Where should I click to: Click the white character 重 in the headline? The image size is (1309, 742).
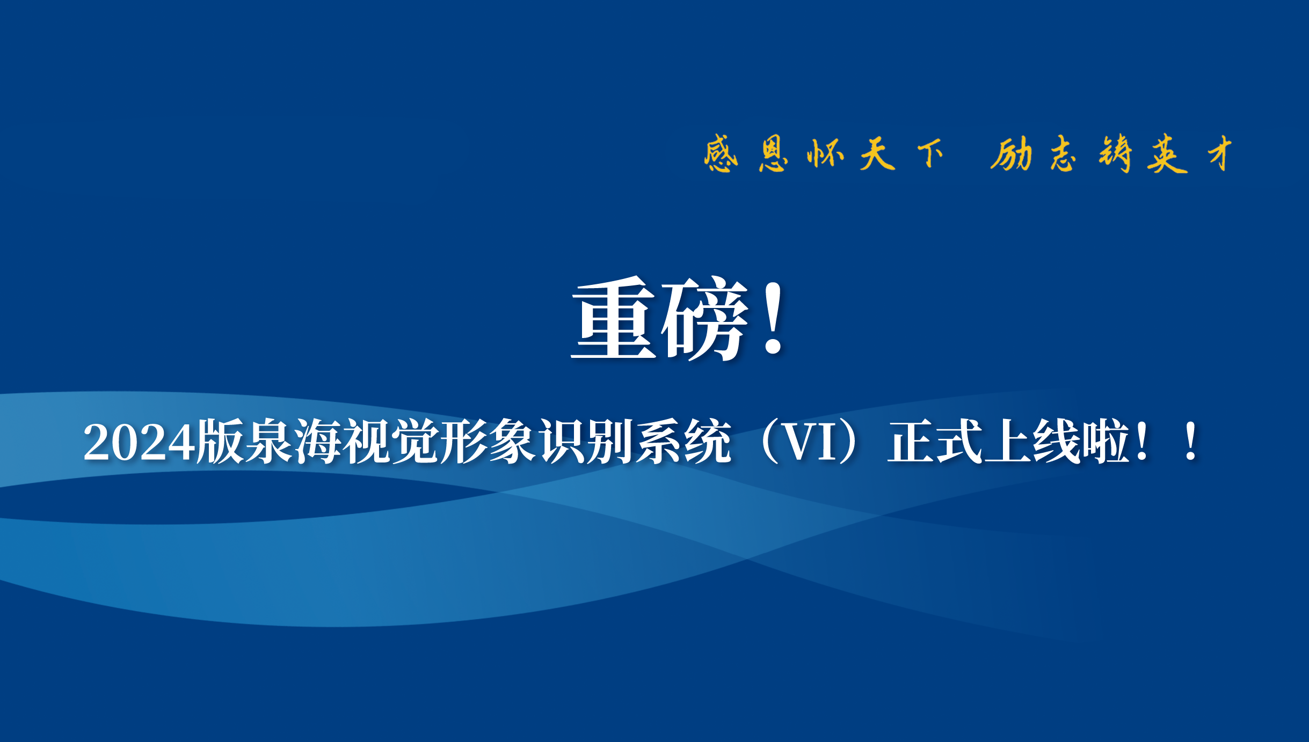point(614,318)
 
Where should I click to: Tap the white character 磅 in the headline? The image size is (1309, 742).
point(704,319)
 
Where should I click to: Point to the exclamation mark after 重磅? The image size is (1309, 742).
point(773,320)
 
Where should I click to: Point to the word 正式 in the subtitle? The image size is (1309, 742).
point(935,441)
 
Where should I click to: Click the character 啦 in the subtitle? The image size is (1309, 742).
point(1105,441)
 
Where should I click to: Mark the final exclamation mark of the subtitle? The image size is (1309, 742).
point(1191,441)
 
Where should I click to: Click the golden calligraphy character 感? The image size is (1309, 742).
point(721,153)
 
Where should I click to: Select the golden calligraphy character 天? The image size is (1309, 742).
point(877,153)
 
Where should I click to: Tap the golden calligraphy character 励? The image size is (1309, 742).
point(1012,153)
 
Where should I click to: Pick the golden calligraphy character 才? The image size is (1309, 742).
point(1220,153)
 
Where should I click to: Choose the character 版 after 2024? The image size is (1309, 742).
point(220,441)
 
